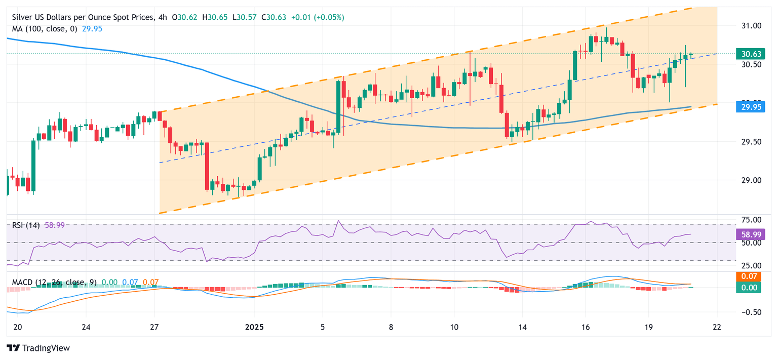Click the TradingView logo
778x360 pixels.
tap(38, 348)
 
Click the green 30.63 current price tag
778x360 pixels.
tap(749, 54)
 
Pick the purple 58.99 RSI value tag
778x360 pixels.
tap(749, 234)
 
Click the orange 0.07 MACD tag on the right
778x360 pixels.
tap(749, 276)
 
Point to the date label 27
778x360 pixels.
tap(154, 327)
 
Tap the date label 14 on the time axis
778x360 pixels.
tap(522, 327)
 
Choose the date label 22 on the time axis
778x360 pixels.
tap(717, 327)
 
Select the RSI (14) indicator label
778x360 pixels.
tap(26, 225)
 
